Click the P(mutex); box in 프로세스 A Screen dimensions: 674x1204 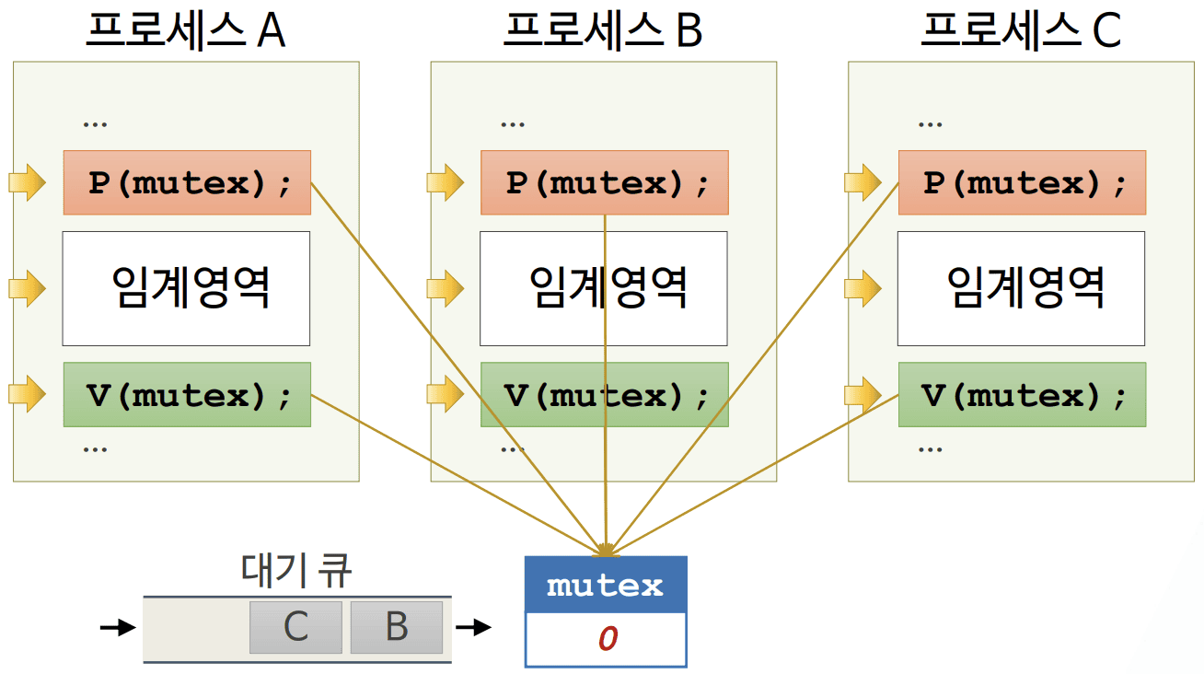coord(187,182)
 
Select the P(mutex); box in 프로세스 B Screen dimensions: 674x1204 coord(604,182)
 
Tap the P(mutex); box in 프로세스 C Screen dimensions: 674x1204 coord(1022,182)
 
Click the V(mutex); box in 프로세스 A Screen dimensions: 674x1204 coord(187,395)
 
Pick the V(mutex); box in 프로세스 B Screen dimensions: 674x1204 coord(604,395)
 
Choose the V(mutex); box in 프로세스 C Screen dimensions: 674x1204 coord(1022,395)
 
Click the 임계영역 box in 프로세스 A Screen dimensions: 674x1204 coord(186,288)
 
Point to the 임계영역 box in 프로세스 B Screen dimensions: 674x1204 coord(604,288)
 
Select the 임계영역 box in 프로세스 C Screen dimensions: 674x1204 coord(1022,288)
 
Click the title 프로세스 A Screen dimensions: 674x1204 coord(186,30)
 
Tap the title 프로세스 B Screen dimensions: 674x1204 coord(603,30)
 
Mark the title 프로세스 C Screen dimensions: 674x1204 coord(1021,30)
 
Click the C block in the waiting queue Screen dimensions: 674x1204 coord(295,627)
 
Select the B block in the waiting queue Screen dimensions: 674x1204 coord(397,627)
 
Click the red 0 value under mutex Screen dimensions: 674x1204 coord(607,639)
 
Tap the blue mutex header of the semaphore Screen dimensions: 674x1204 coord(606,586)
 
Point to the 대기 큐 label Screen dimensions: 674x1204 coord(296,571)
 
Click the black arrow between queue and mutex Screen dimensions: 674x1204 coord(474,628)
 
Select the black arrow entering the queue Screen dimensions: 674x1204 coord(118,628)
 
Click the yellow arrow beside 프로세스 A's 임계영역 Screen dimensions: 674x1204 coord(27,289)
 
